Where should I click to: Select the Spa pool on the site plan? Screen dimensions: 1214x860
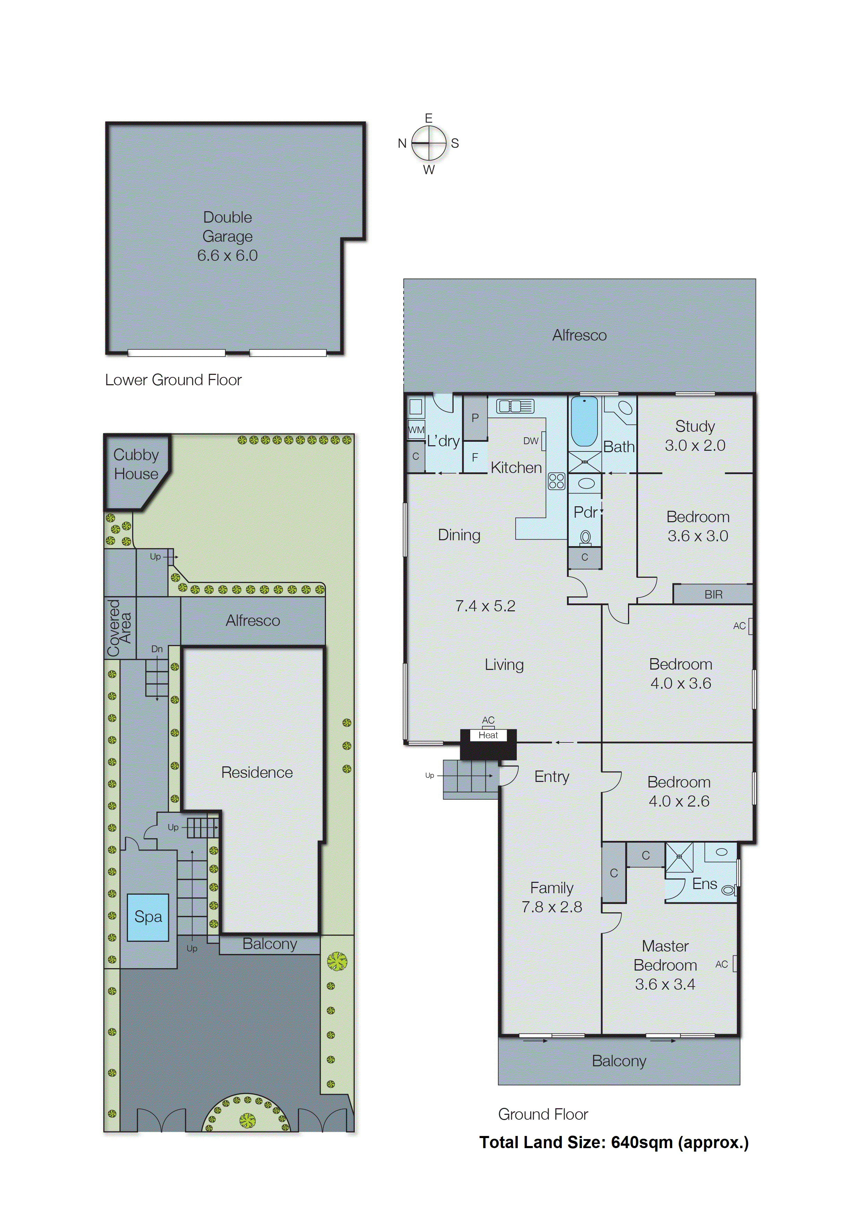148,916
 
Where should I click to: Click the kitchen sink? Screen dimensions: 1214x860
515,406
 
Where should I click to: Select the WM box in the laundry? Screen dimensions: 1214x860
416,430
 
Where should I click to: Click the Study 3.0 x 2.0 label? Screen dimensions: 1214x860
695,436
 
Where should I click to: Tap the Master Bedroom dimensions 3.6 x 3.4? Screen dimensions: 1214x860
665,984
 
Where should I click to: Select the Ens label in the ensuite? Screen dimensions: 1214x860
704,884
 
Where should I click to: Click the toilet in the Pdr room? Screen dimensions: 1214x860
585,538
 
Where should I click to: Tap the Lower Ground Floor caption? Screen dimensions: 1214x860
173,380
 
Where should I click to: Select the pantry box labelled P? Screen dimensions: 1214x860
475,418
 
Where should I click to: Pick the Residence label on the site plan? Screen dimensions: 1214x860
257,773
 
